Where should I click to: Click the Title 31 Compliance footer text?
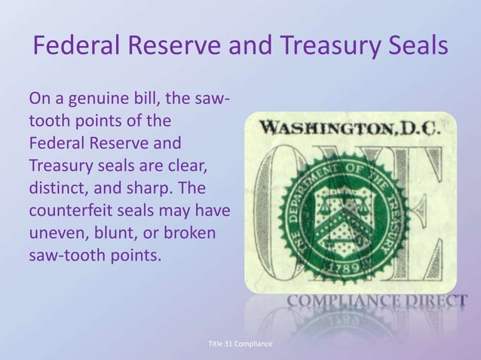(240, 343)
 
